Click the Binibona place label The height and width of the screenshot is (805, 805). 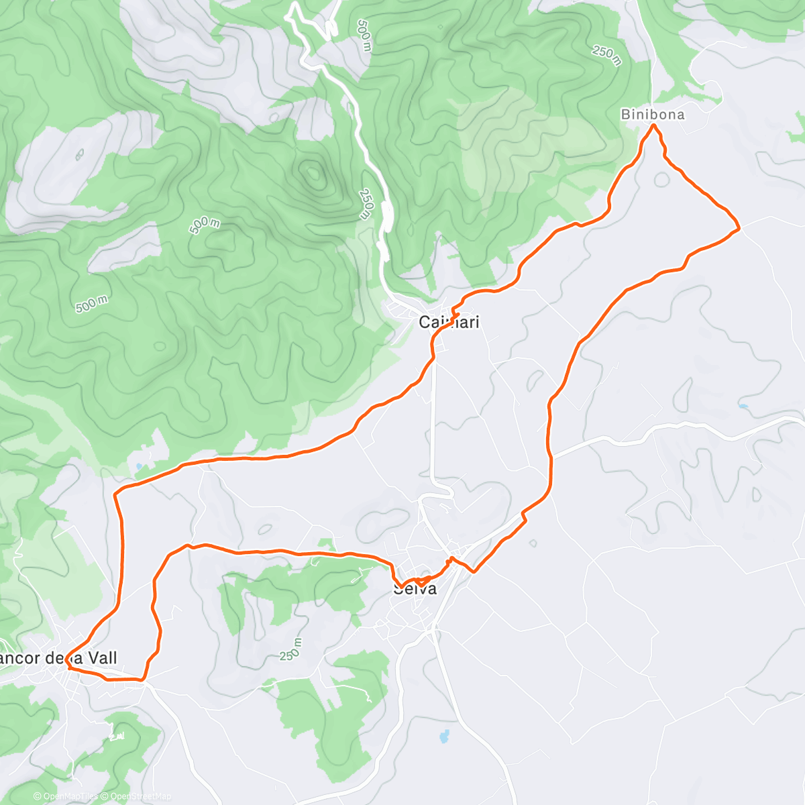(652, 115)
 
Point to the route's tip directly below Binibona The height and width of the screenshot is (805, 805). (653, 125)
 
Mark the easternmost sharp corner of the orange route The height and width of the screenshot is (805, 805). (739, 228)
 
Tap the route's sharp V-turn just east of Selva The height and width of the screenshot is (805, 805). (474, 572)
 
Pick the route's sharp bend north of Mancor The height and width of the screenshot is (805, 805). (115, 495)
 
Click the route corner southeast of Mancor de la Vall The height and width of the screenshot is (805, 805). (144, 679)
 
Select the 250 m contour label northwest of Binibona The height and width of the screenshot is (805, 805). (606, 55)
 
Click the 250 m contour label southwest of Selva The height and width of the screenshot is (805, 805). (291, 649)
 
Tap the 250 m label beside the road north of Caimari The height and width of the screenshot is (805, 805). (365, 204)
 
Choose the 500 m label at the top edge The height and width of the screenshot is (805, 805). (364, 35)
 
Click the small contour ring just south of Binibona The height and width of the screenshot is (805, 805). (661, 179)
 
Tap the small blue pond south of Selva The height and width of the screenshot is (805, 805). (443, 737)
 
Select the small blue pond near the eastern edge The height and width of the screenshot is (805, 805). (743, 407)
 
